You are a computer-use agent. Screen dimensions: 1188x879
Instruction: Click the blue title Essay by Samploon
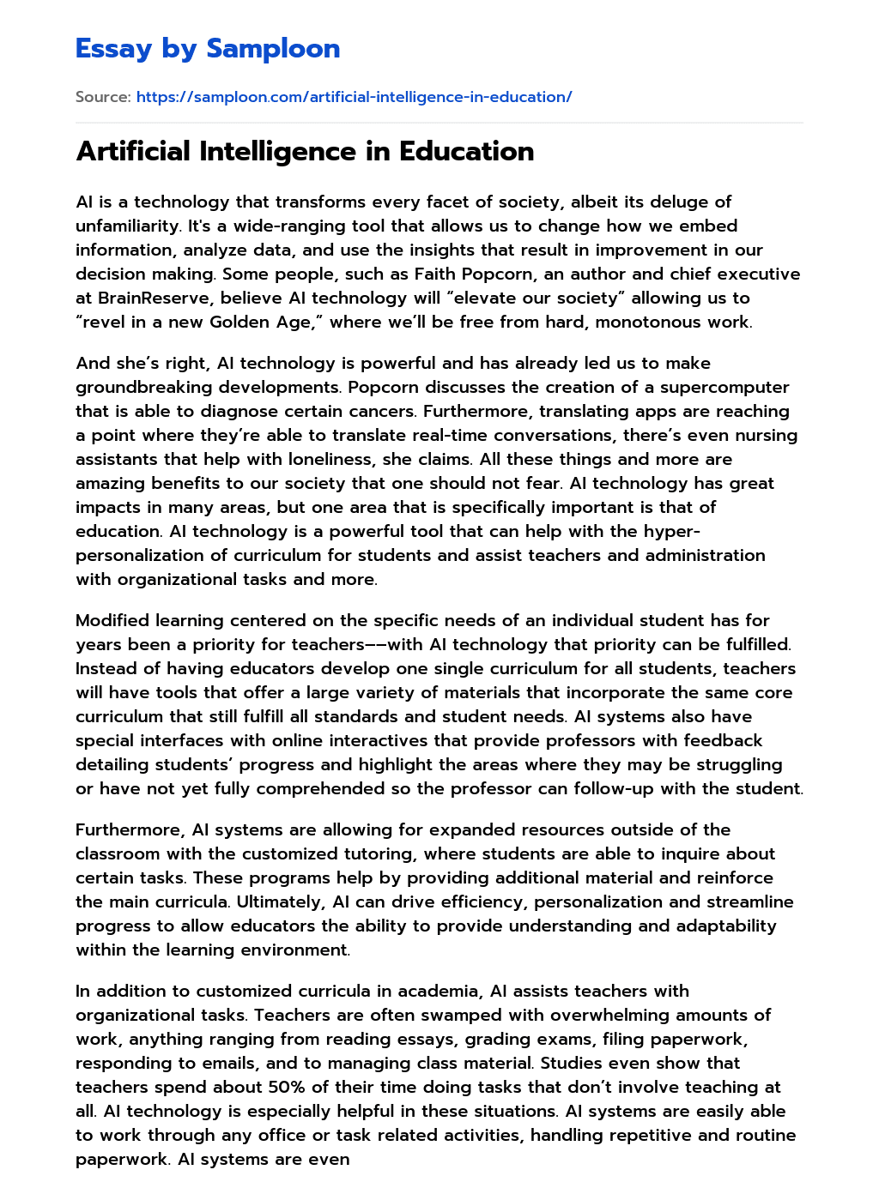click(208, 49)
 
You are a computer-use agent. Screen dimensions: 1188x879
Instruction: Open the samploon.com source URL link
click(354, 97)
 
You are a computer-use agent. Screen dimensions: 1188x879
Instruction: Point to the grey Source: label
click(103, 97)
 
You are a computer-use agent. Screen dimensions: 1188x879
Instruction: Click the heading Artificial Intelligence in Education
click(305, 152)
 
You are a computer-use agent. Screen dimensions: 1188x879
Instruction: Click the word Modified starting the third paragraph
click(111, 620)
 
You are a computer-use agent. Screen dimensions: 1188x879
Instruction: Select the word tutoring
click(362, 853)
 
